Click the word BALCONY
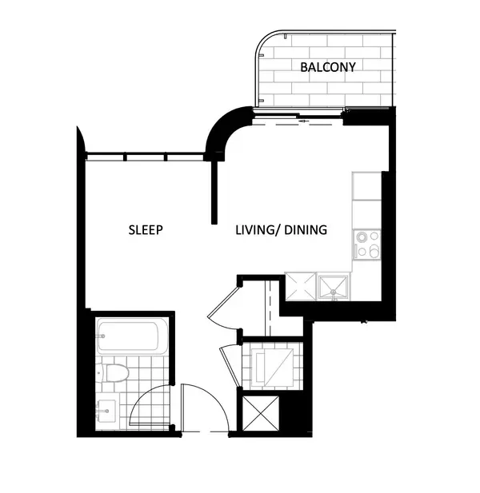pos(328,67)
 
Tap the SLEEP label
pos(146,230)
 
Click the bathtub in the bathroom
pos(132,336)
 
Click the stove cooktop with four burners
pos(367,245)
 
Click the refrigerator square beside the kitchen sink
pos(300,286)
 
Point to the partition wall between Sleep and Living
pos(214,192)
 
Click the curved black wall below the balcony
pos(221,132)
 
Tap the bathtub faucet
pos(102,336)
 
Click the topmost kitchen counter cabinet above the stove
pos(366,185)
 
